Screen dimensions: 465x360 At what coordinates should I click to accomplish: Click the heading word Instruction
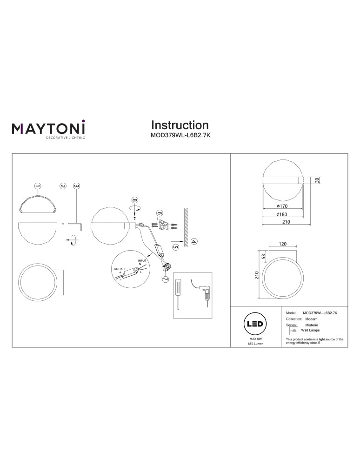click(180, 125)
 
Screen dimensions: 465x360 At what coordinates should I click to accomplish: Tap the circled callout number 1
click(38, 186)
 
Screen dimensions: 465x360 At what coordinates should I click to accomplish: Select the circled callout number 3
click(77, 186)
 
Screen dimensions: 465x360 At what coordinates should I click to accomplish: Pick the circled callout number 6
click(159, 214)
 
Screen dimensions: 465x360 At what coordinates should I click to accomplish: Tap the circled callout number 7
click(165, 279)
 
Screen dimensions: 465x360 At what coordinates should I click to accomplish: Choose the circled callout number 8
click(135, 200)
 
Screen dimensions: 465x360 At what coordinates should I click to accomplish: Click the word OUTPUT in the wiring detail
click(120, 269)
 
